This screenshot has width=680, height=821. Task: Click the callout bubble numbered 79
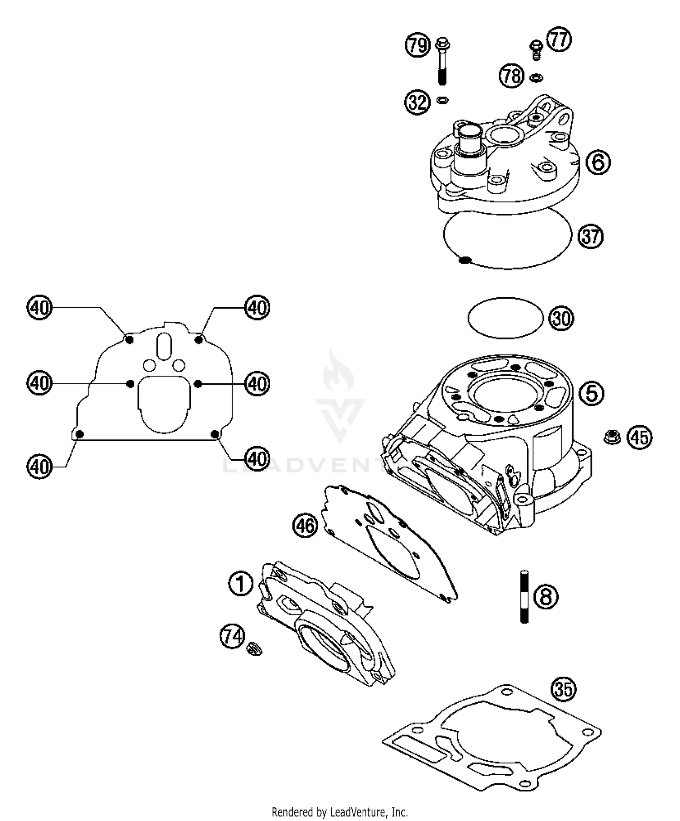[417, 45]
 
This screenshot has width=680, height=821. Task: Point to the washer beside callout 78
[536, 78]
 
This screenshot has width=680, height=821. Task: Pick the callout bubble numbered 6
[598, 162]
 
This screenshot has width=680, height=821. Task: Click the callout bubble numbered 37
[590, 236]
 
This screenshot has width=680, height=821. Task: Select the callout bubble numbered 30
[561, 318]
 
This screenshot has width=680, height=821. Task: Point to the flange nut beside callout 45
[612, 438]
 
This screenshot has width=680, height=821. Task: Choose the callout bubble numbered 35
[563, 689]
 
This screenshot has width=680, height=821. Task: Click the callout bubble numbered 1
[241, 584]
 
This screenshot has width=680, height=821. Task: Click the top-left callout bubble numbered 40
[39, 308]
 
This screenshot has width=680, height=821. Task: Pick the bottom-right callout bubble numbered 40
[257, 459]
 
